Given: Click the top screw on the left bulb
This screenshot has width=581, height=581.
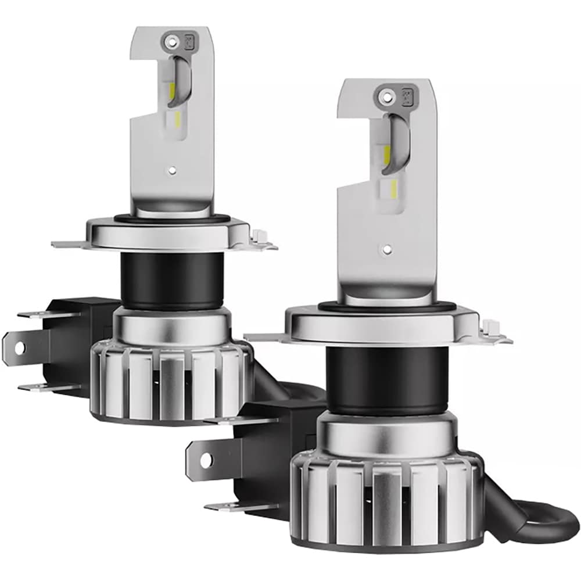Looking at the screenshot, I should pyautogui.click(x=171, y=41).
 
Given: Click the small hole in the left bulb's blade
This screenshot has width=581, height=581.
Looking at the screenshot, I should pyautogui.click(x=173, y=171).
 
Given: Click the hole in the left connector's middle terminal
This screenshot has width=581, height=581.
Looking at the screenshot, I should pyautogui.click(x=19, y=347).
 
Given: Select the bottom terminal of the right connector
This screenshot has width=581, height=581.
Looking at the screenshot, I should pyautogui.click(x=232, y=507).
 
